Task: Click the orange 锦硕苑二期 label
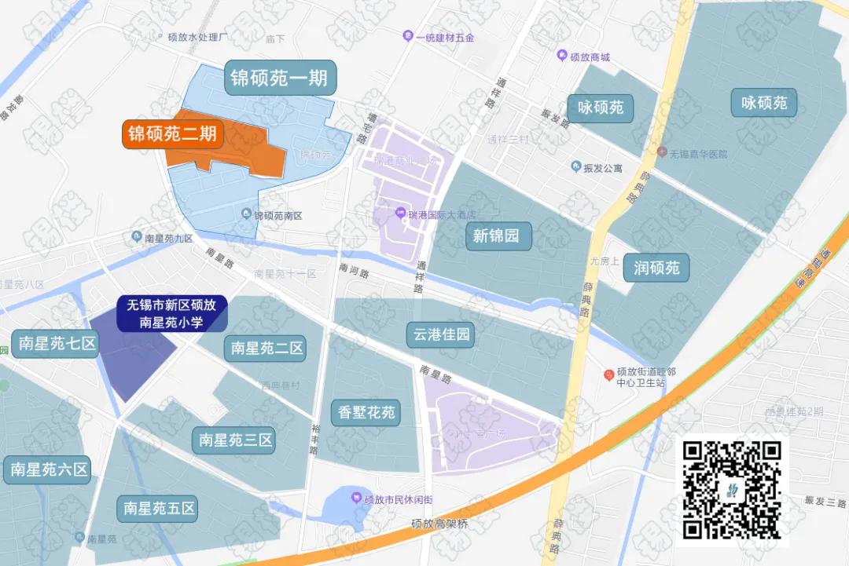[x=172, y=134]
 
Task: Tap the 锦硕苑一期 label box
[x=279, y=79]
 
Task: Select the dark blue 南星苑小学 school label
[x=172, y=313]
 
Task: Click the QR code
[x=732, y=491]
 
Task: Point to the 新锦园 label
[x=496, y=236]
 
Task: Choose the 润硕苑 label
[x=656, y=268]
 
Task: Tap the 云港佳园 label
[x=441, y=335]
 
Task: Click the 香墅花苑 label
[x=367, y=412]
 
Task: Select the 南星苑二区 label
[x=267, y=349]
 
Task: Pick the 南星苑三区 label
[x=236, y=440]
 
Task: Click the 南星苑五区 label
[x=158, y=509]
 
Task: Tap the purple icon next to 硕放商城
[x=561, y=57]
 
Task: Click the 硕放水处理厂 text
[x=198, y=37]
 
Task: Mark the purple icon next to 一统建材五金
[x=407, y=36]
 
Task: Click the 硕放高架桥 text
[x=439, y=524]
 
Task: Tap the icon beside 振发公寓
[x=575, y=167]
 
